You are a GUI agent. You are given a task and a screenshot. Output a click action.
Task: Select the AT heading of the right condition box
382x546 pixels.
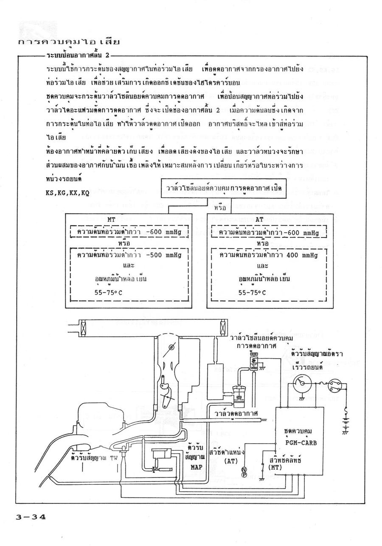point(260,220)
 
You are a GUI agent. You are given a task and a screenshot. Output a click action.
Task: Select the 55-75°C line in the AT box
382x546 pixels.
point(252,293)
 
